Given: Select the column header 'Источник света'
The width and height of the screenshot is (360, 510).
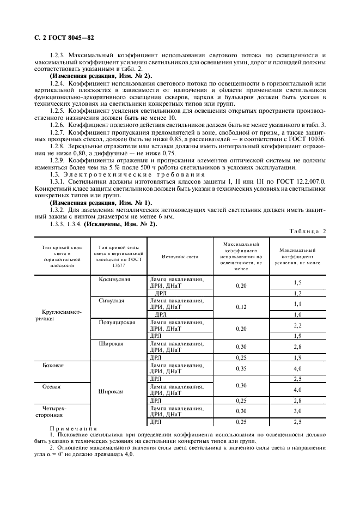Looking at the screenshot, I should click(x=180, y=257).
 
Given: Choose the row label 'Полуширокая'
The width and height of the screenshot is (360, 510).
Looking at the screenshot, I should click(x=117, y=323).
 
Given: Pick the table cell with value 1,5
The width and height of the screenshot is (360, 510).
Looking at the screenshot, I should click(x=297, y=282).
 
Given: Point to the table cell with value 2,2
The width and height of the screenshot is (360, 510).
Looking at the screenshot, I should click(x=297, y=325).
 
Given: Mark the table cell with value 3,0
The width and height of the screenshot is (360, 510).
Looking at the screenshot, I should click(x=297, y=411).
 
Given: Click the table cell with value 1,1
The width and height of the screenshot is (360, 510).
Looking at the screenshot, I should click(x=297, y=303).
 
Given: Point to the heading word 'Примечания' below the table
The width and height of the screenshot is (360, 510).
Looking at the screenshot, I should click(x=73, y=429).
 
